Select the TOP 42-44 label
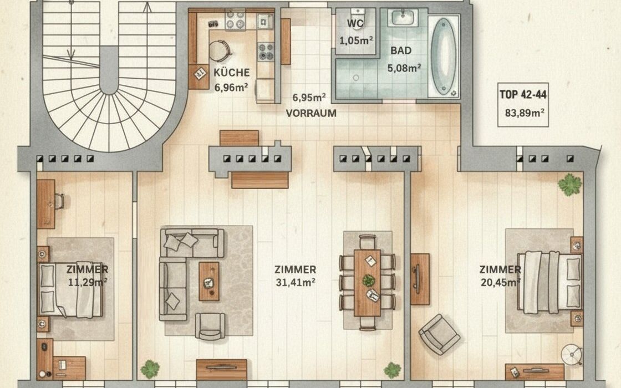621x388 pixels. pyautogui.click(x=523, y=95)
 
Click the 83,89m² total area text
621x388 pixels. pyautogui.click(x=525, y=113)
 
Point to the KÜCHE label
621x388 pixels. pyautogui.click(x=232, y=73)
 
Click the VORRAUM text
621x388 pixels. pyautogui.click(x=311, y=113)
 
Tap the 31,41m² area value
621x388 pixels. pyautogui.click(x=296, y=282)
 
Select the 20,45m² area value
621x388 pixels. pyautogui.click(x=501, y=282)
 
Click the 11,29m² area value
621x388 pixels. pyautogui.click(x=88, y=282)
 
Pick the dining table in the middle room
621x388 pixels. pyautogui.click(x=367, y=283)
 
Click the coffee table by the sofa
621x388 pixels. pyautogui.click(x=208, y=281)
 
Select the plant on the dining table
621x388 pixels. pyautogui.click(x=369, y=280)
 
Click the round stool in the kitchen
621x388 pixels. pyautogui.click(x=220, y=50)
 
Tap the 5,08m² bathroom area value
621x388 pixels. pyautogui.click(x=404, y=68)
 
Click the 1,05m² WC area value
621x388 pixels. pyautogui.click(x=356, y=40)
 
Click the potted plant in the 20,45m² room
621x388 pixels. pyautogui.click(x=570, y=185)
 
